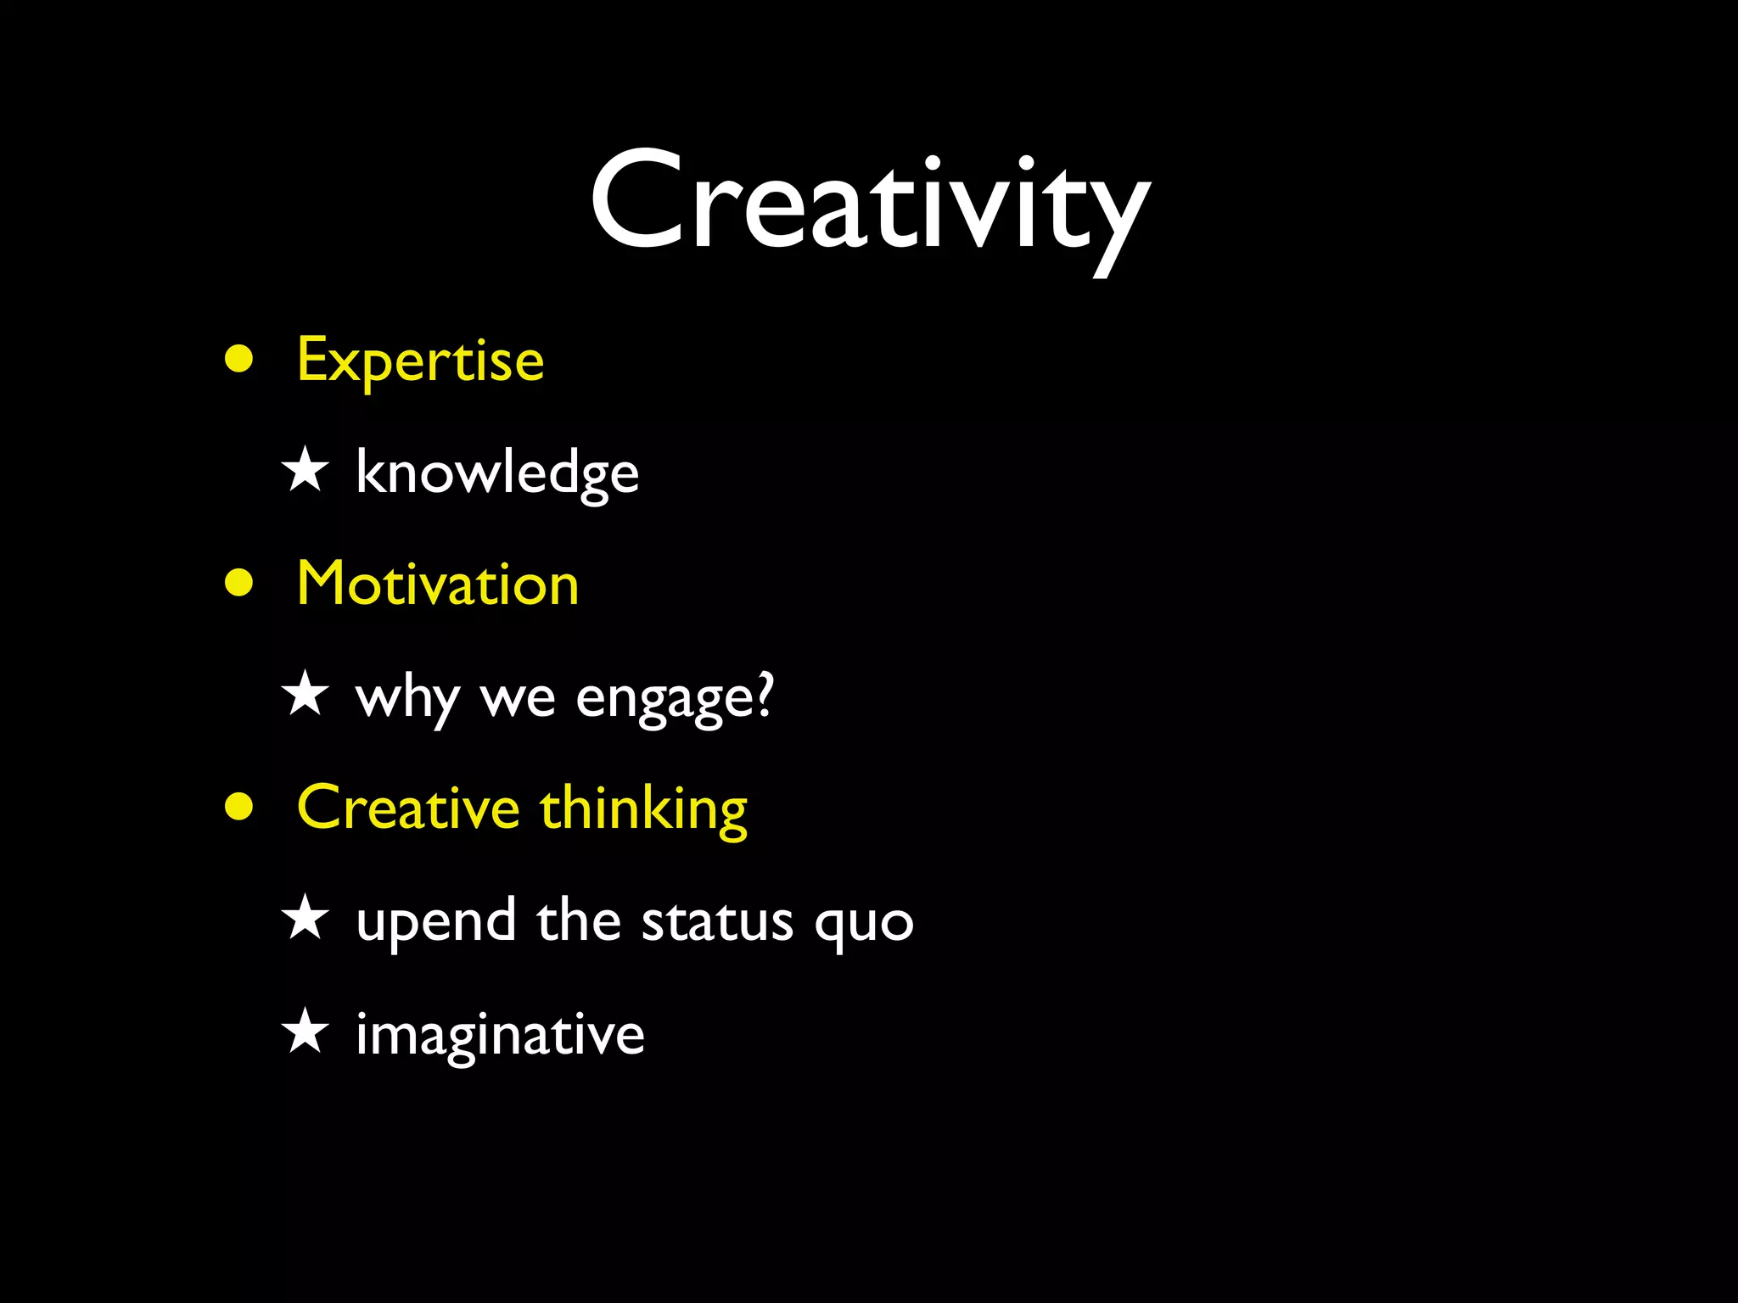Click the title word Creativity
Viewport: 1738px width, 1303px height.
click(x=869, y=204)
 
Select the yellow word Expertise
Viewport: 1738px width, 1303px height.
click(x=420, y=361)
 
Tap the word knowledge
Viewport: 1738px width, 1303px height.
click(x=497, y=473)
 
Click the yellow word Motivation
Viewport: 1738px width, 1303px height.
click(x=438, y=584)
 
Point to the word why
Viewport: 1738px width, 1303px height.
click(x=408, y=698)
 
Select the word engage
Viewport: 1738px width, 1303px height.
click(x=663, y=698)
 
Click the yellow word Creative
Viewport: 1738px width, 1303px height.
click(x=408, y=808)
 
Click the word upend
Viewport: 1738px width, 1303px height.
click(x=435, y=922)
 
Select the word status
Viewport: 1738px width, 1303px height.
click(x=717, y=920)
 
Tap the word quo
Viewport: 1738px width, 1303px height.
click(x=863, y=924)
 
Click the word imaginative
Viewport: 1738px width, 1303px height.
click(x=500, y=1035)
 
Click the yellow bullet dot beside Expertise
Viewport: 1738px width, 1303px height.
click(x=239, y=359)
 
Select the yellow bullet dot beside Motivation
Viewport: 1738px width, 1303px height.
click(x=239, y=583)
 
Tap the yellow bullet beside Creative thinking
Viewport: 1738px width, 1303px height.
click(x=239, y=807)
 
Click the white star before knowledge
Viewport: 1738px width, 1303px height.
click(x=305, y=471)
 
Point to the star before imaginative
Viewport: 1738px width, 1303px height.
click(x=305, y=1032)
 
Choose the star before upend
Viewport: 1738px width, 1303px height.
click(x=305, y=919)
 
